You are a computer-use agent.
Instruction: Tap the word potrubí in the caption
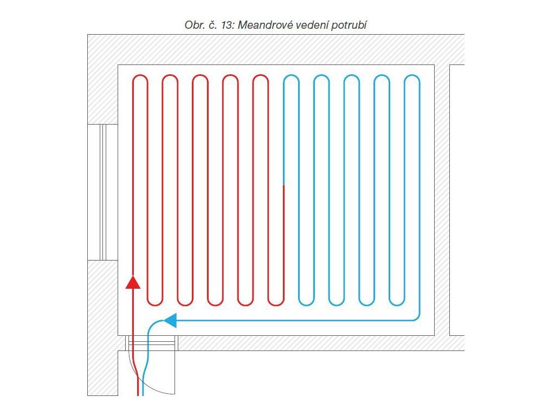tap(352, 25)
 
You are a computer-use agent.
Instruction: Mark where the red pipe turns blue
tap(284, 185)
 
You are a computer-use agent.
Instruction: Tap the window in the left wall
tap(103, 192)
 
